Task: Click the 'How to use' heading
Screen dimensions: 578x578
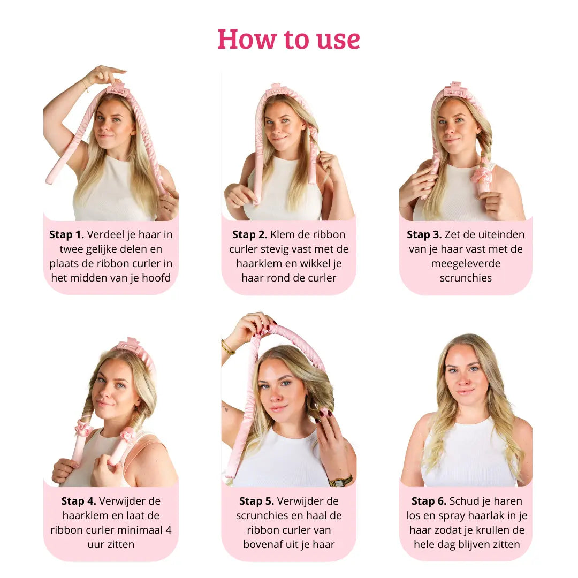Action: (x=288, y=39)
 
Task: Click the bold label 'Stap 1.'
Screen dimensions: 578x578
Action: (x=66, y=234)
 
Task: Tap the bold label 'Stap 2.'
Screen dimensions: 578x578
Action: (x=250, y=234)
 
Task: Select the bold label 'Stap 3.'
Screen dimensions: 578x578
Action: (x=424, y=234)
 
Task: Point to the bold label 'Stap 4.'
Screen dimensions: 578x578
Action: (x=79, y=501)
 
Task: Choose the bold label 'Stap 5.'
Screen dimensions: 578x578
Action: (x=256, y=501)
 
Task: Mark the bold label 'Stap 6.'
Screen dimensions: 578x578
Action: (x=429, y=501)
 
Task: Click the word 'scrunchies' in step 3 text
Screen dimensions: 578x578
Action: (x=465, y=278)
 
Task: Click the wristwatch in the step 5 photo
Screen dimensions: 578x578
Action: (x=340, y=481)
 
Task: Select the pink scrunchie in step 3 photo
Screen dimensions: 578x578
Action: (x=481, y=174)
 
